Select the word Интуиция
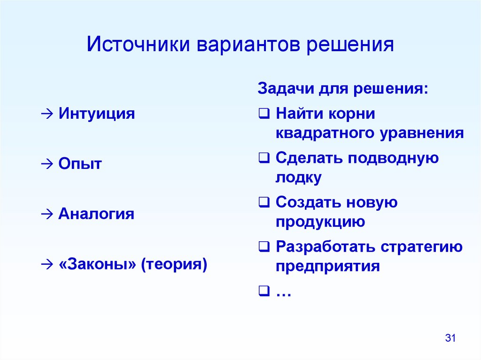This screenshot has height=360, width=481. click(97, 114)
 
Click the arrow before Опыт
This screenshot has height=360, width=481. click(47, 164)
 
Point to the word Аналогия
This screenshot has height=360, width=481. click(96, 213)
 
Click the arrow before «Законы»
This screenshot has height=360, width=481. click(47, 265)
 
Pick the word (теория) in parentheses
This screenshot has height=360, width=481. click(174, 264)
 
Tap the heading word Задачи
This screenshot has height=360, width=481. click(286, 89)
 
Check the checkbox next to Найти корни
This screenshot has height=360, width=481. click(264, 114)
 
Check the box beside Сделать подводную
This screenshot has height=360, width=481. click(264, 158)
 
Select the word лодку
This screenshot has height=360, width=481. click(298, 177)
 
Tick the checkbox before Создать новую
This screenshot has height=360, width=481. click(264, 202)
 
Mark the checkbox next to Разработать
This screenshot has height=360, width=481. click(264, 246)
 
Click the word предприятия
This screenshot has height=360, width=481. click(327, 266)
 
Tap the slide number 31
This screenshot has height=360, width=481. click(450, 338)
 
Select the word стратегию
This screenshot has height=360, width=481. click(421, 247)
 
